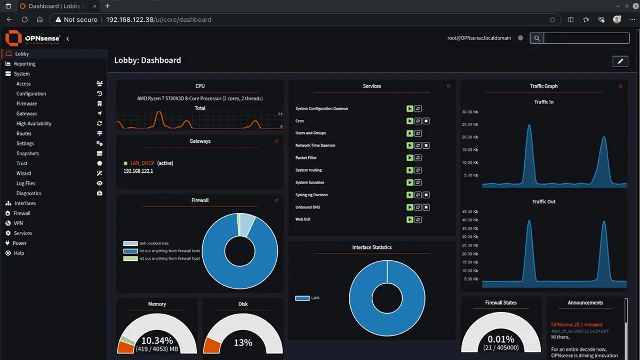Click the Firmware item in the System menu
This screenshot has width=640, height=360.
(x=27, y=103)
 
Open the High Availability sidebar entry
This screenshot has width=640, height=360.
(x=34, y=123)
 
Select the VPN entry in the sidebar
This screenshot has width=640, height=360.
(x=18, y=223)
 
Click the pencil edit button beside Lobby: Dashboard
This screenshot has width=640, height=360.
(x=620, y=61)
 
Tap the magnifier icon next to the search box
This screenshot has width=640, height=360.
(x=537, y=38)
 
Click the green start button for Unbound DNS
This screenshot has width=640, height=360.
(x=410, y=207)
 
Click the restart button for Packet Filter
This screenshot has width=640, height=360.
(x=418, y=158)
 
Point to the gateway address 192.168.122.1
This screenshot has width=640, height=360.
(x=138, y=171)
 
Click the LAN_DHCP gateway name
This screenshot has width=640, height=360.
(x=142, y=163)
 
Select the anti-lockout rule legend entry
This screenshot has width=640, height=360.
(x=154, y=243)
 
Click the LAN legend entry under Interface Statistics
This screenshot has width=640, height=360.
(x=315, y=298)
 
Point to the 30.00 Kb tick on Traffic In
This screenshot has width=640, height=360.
(x=470, y=112)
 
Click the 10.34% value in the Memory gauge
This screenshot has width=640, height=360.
(x=157, y=341)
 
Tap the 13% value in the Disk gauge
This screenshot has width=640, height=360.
(x=243, y=342)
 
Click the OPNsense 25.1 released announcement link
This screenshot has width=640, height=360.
(x=577, y=324)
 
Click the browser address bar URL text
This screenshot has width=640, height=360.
(x=158, y=20)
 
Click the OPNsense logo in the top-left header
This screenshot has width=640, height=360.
(x=33, y=38)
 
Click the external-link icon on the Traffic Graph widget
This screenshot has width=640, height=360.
(x=620, y=86)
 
